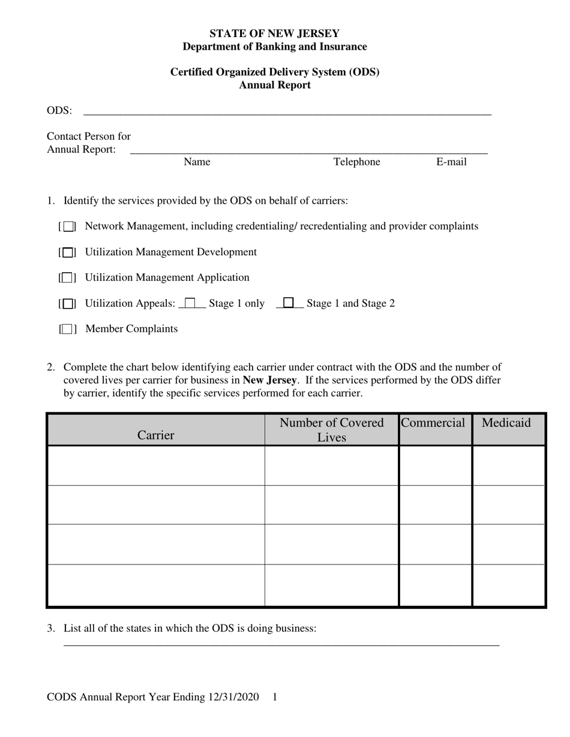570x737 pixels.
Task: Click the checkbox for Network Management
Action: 68,226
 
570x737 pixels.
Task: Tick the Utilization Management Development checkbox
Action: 68,252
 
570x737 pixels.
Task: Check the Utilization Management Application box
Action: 68,278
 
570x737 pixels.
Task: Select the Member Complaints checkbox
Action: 68,329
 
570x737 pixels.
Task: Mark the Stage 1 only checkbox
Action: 191,303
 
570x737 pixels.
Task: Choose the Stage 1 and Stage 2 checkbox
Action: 289,303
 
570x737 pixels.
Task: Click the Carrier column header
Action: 156,435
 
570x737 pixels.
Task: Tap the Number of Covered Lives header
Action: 332,430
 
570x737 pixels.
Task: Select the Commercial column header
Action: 433,423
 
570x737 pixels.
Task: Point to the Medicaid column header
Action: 506,423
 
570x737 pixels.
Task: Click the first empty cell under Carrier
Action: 156,466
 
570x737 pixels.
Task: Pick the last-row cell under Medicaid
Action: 508,585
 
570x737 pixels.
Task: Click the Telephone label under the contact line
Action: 357,162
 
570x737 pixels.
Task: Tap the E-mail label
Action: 451,162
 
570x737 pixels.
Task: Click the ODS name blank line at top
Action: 287,111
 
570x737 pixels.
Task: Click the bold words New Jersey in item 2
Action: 269,380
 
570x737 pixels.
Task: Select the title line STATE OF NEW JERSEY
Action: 275,34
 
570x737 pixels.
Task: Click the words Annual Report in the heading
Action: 275,85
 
